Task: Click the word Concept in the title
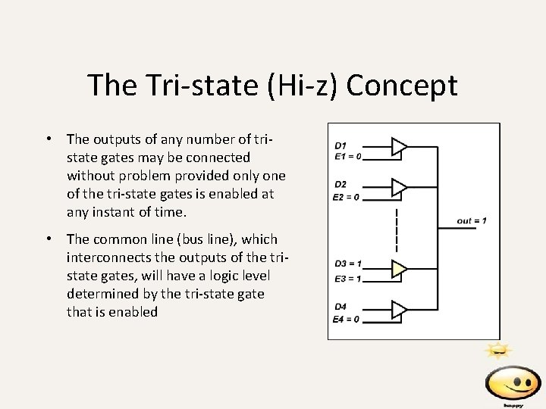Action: (402, 85)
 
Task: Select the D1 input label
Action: (340, 145)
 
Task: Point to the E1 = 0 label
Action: (347, 157)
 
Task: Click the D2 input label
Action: (340, 185)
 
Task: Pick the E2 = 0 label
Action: (347, 197)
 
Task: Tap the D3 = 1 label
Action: (348, 264)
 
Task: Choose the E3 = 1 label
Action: (348, 278)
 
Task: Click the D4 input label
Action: (340, 307)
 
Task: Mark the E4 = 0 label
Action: (347, 319)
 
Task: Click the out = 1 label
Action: (472, 220)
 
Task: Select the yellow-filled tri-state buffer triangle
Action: (399, 268)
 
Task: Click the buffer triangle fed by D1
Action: (399, 146)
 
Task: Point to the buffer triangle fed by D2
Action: (399, 186)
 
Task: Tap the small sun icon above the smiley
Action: (499, 350)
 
